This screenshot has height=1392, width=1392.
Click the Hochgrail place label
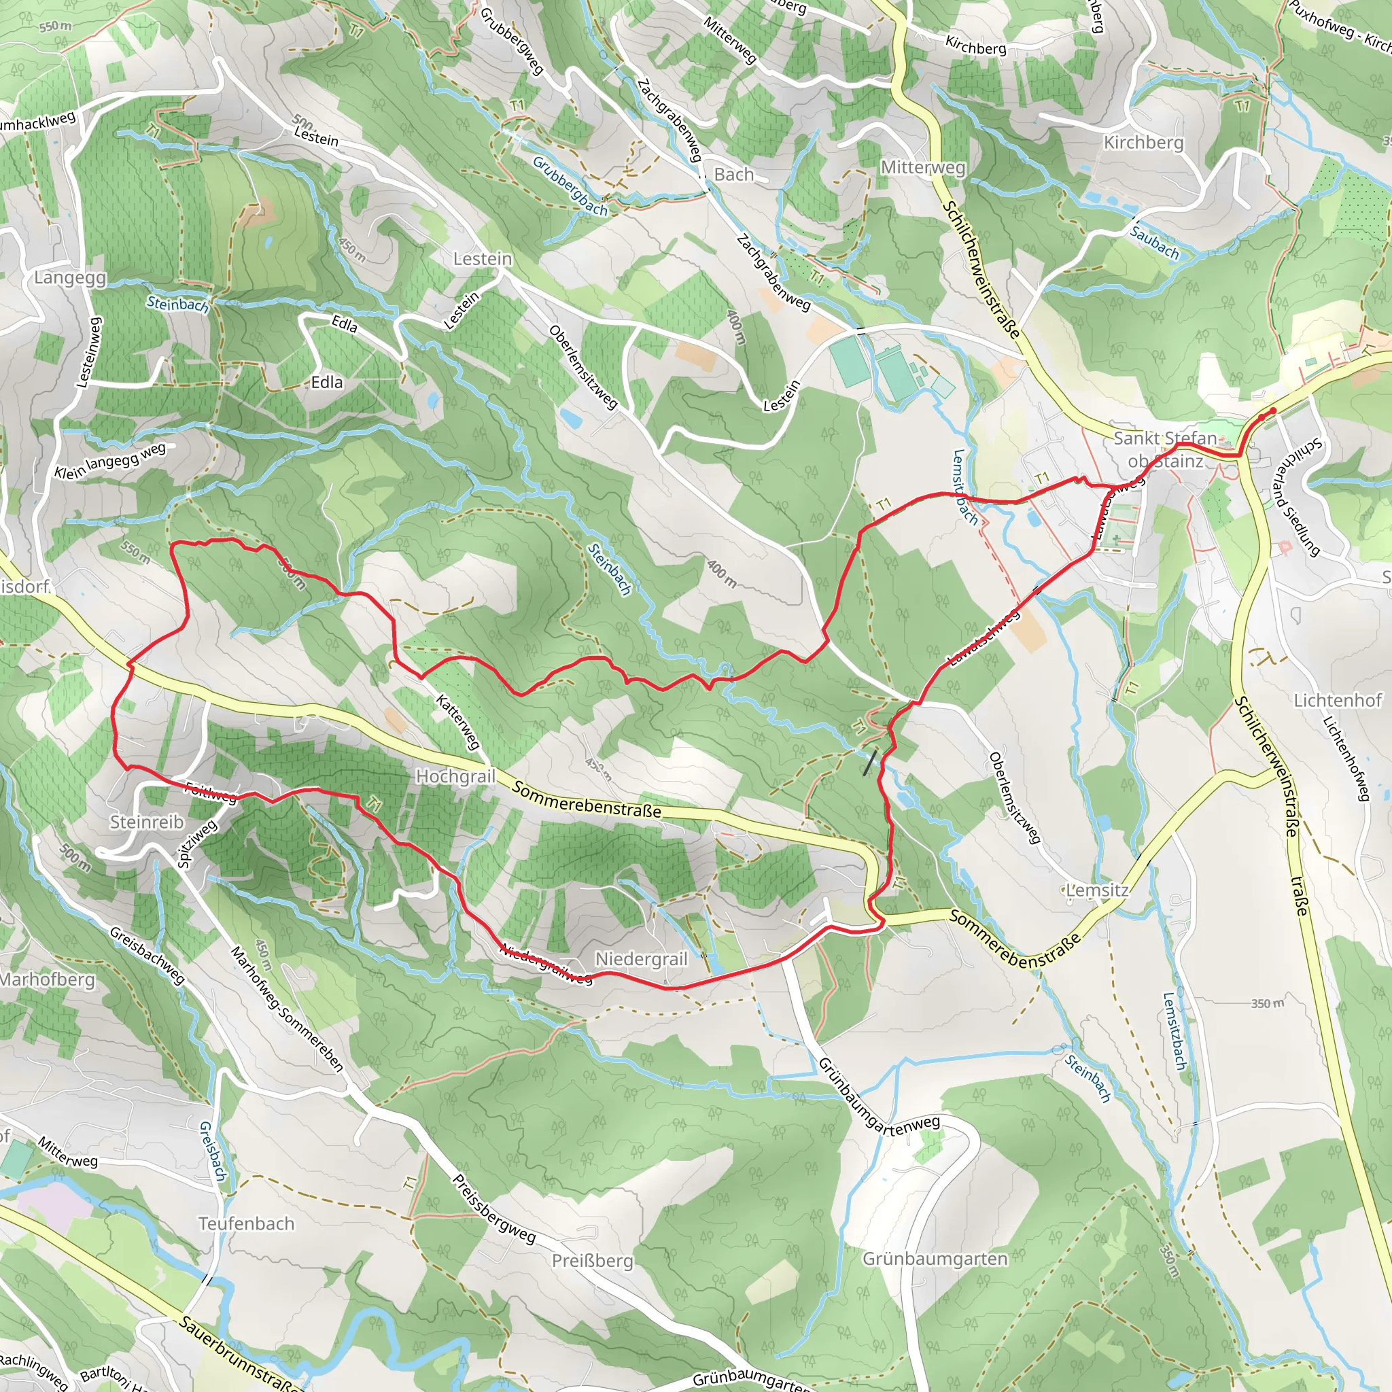pyautogui.click(x=455, y=776)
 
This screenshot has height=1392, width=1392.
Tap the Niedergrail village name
pyautogui.click(x=640, y=959)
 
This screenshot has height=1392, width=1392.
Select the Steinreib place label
pyautogui.click(x=146, y=822)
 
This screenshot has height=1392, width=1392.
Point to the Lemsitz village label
pyautogui.click(x=1096, y=890)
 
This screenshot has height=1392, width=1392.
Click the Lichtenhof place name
pyautogui.click(x=1337, y=700)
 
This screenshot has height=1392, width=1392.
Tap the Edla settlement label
pyautogui.click(x=326, y=383)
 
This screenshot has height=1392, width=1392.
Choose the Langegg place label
pyautogui.click(x=70, y=278)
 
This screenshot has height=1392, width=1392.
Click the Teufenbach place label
pyautogui.click(x=247, y=1224)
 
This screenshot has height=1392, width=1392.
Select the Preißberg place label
pyautogui.click(x=592, y=1261)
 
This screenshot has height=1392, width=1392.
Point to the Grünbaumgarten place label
pyautogui.click(x=935, y=1259)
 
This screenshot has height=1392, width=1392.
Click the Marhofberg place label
pyautogui.click(x=48, y=980)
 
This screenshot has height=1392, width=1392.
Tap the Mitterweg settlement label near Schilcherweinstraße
pyautogui.click(x=922, y=167)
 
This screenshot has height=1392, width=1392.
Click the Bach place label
pyautogui.click(x=733, y=175)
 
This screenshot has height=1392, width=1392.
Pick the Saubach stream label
pyautogui.click(x=1153, y=243)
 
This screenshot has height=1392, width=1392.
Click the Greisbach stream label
pyautogui.click(x=213, y=1151)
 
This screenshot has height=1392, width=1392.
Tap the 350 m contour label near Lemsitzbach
pyautogui.click(x=1267, y=1004)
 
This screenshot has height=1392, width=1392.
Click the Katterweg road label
pyautogui.click(x=458, y=722)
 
